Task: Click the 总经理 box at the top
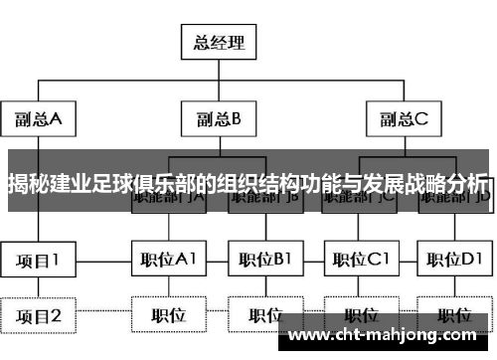[220, 44]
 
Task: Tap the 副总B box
[220, 120]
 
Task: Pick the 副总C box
[403, 120]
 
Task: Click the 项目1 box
[38, 262]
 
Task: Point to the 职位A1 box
[169, 262]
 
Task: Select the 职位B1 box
[263, 262]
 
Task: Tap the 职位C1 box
[360, 262]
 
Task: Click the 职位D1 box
[454, 262]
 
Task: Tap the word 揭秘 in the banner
[28, 185]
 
